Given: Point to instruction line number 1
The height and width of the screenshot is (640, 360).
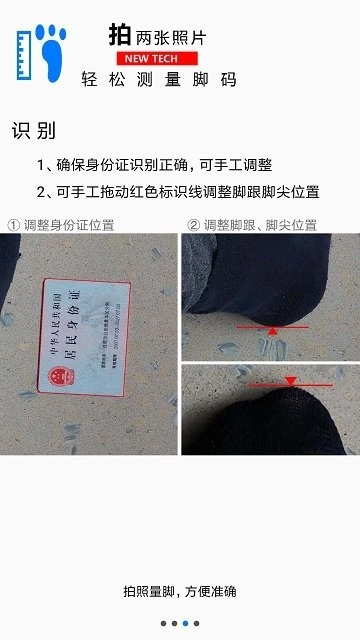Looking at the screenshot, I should point(154,165).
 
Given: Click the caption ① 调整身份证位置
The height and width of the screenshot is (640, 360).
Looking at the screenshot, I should point(61,225).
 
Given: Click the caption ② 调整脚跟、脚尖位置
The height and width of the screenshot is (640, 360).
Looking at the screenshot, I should point(252,225).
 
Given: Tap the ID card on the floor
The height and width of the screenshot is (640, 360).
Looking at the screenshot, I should point(86,336).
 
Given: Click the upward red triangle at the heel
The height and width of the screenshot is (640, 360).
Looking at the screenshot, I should point(273,328).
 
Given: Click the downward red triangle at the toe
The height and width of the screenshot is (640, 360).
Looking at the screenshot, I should point(290,380).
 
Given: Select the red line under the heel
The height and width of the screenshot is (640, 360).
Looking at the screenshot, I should point(273,324).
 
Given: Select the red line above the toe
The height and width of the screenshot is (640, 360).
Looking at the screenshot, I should point(290,384).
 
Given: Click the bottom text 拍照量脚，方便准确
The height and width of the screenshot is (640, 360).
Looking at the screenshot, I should point(180,592).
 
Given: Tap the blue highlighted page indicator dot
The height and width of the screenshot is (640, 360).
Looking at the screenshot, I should point(185,623).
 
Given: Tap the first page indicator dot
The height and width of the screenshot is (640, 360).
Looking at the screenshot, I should point(163,623).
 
